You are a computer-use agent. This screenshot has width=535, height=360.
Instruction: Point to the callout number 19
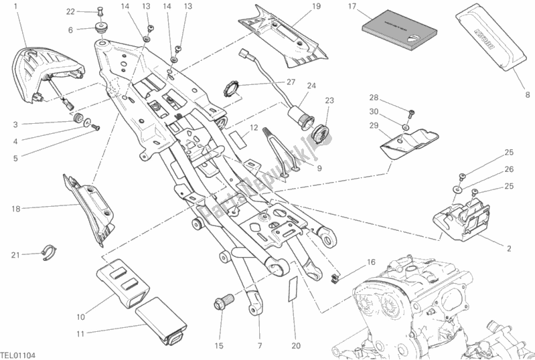pyautogui.click(x=316, y=7)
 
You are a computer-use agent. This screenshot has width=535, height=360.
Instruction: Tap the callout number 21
pyautogui.click(x=15, y=254)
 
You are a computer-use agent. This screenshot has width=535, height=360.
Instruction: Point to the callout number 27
pyautogui.click(x=291, y=82)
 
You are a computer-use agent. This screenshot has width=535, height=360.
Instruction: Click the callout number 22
pyautogui.click(x=70, y=11)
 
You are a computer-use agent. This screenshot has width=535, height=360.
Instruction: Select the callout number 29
pyautogui.click(x=374, y=126)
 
